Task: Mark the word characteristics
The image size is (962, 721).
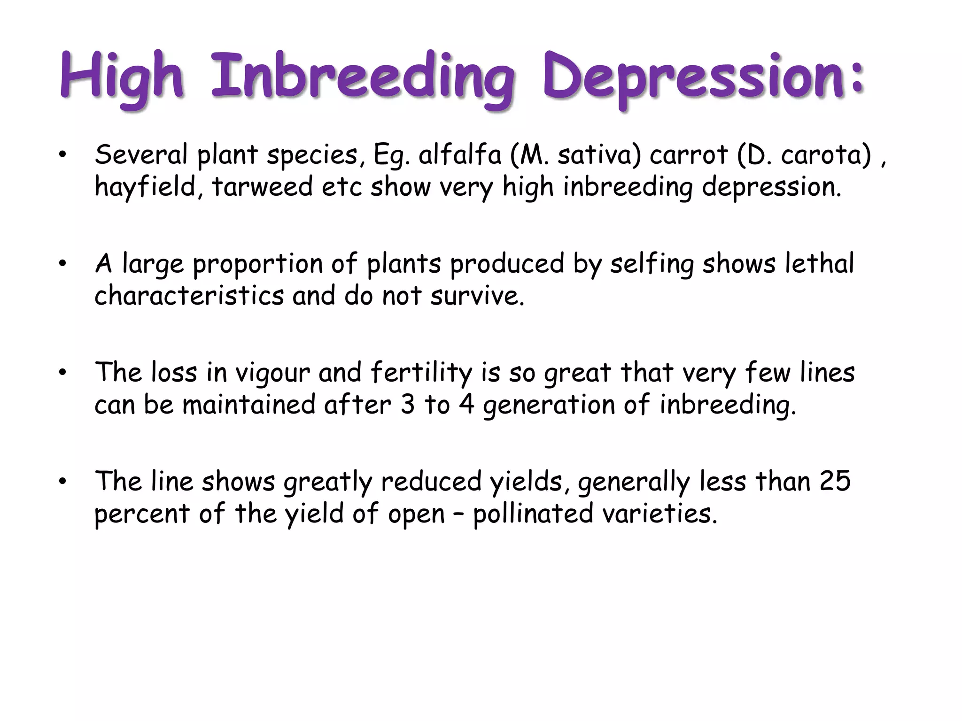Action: click(189, 296)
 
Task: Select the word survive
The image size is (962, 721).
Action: click(477, 296)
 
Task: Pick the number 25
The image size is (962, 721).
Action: click(835, 482)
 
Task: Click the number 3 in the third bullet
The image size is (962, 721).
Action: click(408, 405)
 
